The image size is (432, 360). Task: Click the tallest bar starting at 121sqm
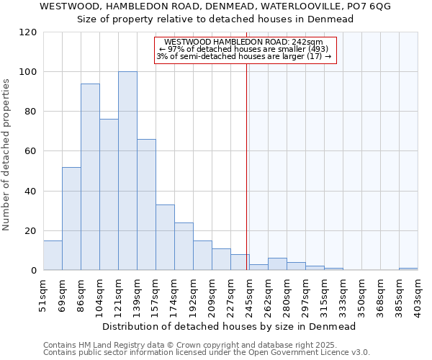[127, 171]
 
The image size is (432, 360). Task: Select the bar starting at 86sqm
[90, 177]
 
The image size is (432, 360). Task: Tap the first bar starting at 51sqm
[53, 256]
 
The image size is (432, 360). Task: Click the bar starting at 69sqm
[71, 219]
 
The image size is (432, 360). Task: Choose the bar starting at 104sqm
[109, 194]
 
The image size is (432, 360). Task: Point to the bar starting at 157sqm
[165, 238]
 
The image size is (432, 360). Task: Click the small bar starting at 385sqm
[408, 269]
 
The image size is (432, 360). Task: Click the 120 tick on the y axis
[28, 32]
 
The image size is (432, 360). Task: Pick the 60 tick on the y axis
[31, 151]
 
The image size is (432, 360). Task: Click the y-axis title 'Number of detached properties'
[6, 155]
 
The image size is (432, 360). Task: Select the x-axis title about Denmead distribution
[228, 326]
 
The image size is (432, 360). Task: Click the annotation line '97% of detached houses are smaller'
[245, 49]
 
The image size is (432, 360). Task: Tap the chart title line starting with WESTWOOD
[215, 6]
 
